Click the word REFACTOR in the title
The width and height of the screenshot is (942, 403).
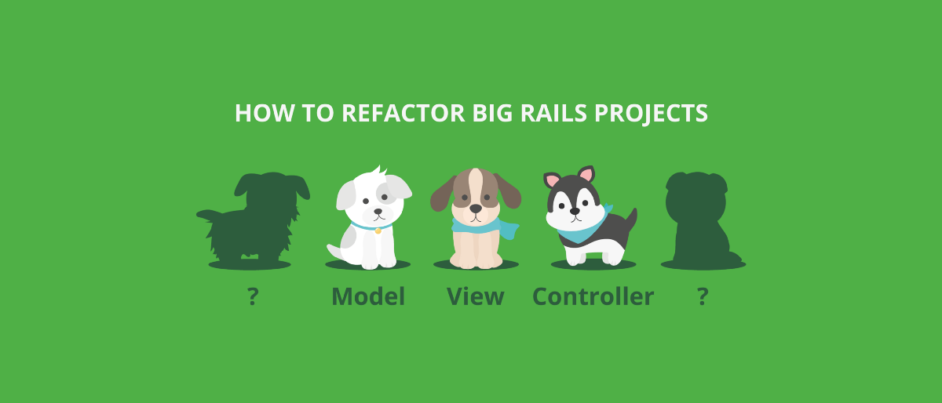(x=403, y=113)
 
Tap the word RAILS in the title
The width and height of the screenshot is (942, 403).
(x=553, y=113)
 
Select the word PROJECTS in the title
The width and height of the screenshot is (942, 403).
(x=651, y=114)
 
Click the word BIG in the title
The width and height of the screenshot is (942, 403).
(x=493, y=113)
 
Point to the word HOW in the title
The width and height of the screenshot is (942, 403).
(x=264, y=113)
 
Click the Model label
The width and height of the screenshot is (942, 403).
(x=368, y=296)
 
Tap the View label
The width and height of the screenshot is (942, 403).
(x=476, y=296)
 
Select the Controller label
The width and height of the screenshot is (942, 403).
(x=593, y=296)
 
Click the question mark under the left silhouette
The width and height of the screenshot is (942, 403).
(x=253, y=296)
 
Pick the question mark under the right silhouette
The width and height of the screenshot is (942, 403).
(x=703, y=296)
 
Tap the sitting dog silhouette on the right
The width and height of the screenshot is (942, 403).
(x=700, y=219)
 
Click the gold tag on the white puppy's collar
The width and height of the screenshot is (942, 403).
(x=378, y=231)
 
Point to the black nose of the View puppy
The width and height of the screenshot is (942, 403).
(x=476, y=209)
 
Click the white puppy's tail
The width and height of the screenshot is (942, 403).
(x=335, y=252)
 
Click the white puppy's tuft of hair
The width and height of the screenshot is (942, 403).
(x=378, y=171)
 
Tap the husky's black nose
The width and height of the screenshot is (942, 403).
(x=575, y=211)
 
